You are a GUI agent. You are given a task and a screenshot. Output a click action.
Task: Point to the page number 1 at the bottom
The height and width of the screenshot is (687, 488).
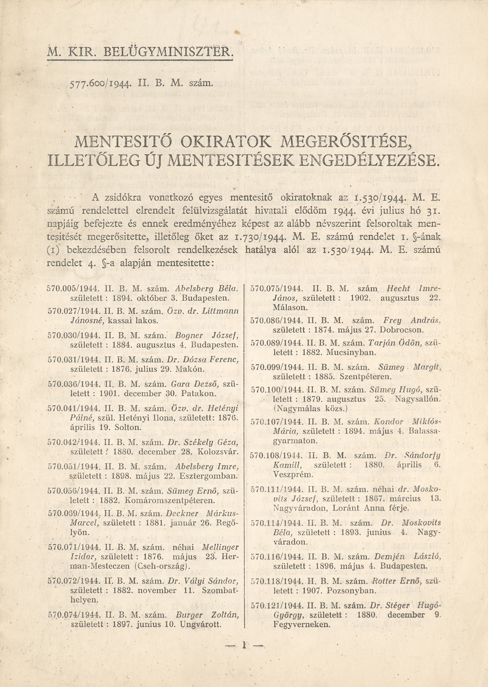pos(244,645)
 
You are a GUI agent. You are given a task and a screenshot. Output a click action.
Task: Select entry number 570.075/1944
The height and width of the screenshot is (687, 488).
pos(280,289)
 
